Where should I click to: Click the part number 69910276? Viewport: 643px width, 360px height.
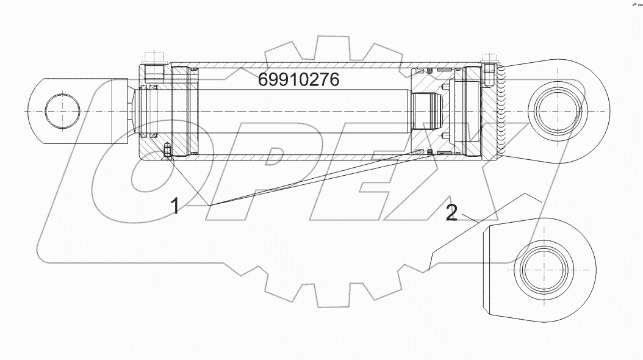[x=298, y=80]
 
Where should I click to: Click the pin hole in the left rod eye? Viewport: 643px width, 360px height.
[x=62, y=110]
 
